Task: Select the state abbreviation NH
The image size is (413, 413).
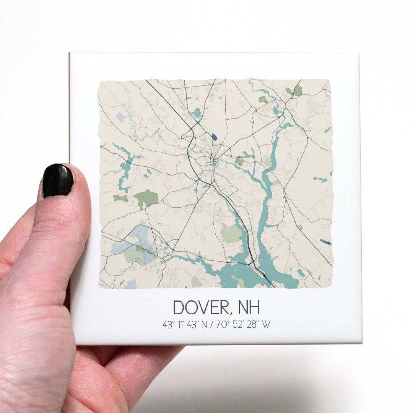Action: click(x=249, y=307)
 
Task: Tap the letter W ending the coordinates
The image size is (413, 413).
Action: click(x=267, y=325)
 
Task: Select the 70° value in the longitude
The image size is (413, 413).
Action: click(x=223, y=325)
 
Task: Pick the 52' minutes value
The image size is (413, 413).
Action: click(x=239, y=325)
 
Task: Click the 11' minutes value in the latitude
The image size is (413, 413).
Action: click(x=180, y=325)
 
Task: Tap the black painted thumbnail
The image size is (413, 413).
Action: click(x=58, y=180)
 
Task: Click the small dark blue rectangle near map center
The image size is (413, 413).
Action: click(x=214, y=137)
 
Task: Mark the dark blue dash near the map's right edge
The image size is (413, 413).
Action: click(x=326, y=242)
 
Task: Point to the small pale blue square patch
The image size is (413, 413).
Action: click(x=120, y=117)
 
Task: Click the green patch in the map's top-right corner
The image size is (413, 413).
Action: click(x=297, y=91)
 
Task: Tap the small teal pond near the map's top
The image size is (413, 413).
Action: click(x=196, y=112)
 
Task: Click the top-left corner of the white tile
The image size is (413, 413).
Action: click(x=70, y=53)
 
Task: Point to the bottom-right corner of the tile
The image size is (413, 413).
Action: click(x=361, y=343)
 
